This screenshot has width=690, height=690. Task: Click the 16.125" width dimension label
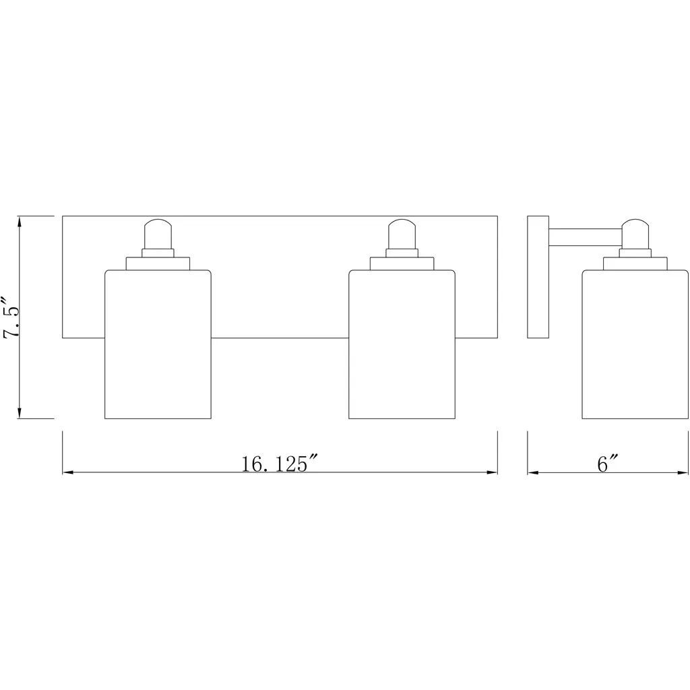(x=279, y=464)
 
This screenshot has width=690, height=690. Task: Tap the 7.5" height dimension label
(x=11, y=317)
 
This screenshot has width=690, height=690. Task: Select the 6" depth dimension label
(x=608, y=464)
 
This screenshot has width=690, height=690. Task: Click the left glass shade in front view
(x=158, y=344)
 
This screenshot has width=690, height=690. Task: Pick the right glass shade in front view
(x=402, y=344)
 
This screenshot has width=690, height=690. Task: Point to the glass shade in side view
(x=635, y=344)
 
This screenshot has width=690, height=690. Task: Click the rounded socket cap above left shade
(x=158, y=234)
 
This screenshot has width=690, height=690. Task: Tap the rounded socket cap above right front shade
(x=402, y=234)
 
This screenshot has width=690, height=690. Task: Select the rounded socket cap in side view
(x=635, y=234)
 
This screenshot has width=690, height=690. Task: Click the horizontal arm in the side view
(x=586, y=238)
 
